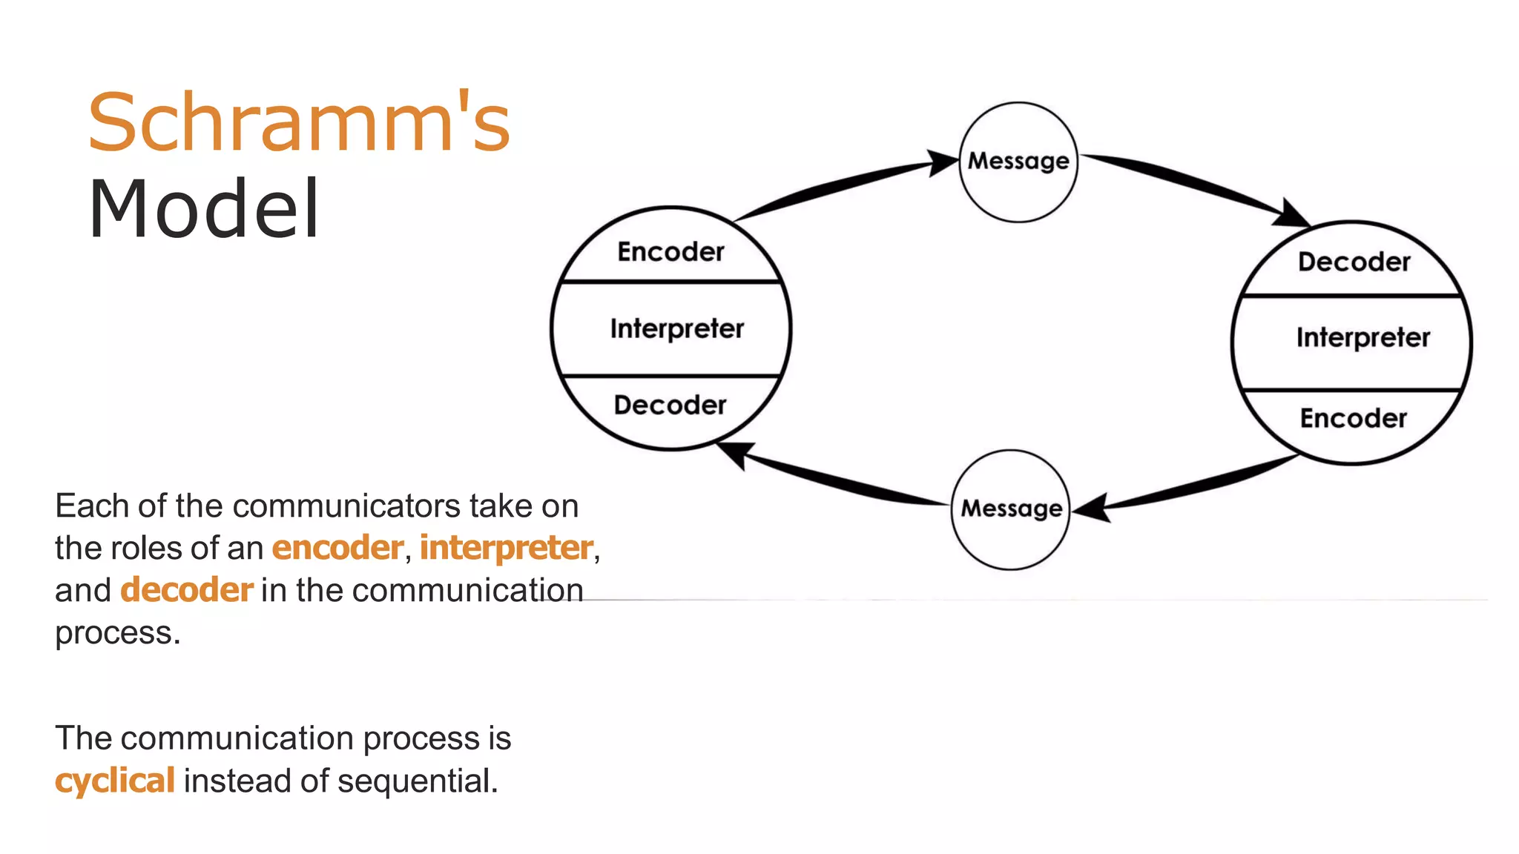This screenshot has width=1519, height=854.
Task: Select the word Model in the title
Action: (x=204, y=210)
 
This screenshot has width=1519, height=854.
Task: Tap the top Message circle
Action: (x=1018, y=162)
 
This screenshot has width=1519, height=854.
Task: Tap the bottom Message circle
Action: (x=1011, y=509)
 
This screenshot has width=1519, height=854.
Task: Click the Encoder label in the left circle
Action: (x=670, y=252)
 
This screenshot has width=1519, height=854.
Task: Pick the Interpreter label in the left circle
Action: (x=676, y=328)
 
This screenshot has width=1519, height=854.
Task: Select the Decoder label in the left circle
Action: (x=670, y=406)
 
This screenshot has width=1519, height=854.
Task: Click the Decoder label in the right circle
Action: (x=1354, y=262)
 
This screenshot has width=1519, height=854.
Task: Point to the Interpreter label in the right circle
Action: (x=1363, y=338)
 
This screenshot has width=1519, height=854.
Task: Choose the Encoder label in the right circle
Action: (x=1353, y=419)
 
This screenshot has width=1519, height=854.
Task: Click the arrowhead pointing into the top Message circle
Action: (x=943, y=162)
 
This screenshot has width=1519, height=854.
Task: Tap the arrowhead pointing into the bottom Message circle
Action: (x=1092, y=509)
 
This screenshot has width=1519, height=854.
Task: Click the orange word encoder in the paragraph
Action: (x=337, y=548)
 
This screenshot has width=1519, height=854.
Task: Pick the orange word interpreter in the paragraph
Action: (x=506, y=548)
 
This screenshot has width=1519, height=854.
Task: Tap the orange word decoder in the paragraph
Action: (x=187, y=590)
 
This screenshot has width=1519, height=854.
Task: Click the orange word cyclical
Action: (x=115, y=781)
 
